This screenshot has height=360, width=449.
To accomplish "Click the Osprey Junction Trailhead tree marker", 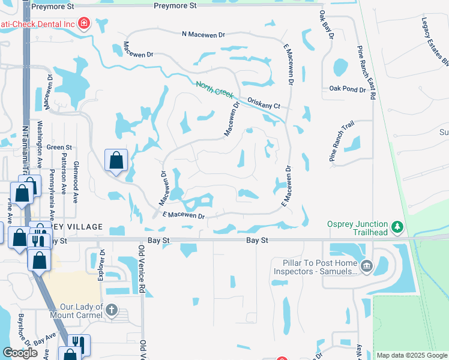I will coord(396,228).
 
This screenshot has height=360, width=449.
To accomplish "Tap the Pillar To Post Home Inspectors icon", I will coord(367,266).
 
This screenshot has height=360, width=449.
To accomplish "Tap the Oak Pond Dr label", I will coord(347,89).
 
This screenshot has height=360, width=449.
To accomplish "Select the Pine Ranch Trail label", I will coord(342,141).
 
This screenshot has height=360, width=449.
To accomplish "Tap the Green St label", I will coord(59,147).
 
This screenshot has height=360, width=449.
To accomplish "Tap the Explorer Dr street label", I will coord(101,265).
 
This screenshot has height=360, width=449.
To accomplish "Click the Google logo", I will coord(20,353).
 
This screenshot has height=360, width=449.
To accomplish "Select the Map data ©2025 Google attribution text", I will coord(412,355).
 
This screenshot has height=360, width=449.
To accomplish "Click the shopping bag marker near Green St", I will coord(116,161).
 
